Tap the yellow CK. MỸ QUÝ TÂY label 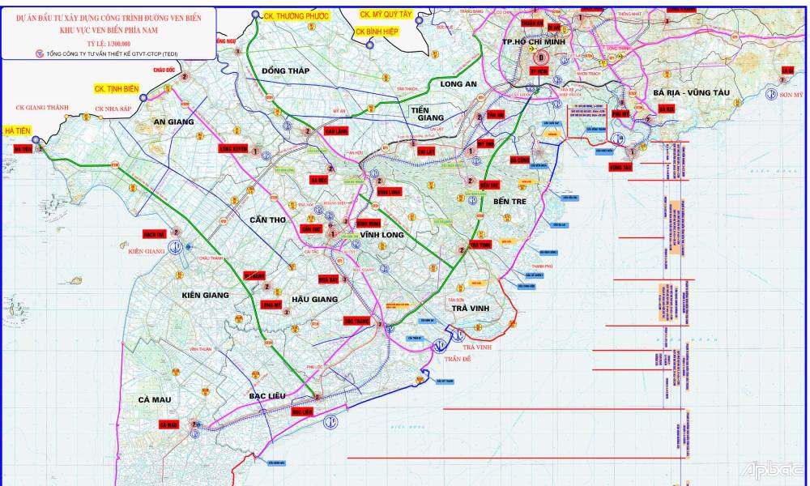[x=386, y=14]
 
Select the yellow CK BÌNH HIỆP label [x=377, y=31]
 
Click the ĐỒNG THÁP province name [x=285, y=71]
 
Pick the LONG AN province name [x=458, y=84]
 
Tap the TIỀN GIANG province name [x=429, y=113]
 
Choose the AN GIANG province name [x=174, y=122]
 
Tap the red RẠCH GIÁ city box [x=154, y=234]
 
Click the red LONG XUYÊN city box [x=233, y=149]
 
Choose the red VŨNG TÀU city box [x=620, y=167]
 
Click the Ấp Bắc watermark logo [x=772, y=470]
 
